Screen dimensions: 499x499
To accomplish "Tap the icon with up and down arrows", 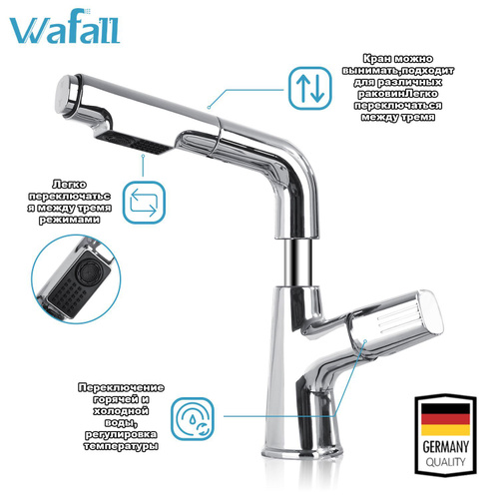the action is tap(310, 89).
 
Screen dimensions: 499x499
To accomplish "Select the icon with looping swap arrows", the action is tap(144, 202).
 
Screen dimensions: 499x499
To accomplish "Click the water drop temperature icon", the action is tap(193, 419).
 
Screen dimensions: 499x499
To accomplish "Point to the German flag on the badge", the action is tap(445, 419).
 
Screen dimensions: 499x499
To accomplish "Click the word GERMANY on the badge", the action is tap(445, 446).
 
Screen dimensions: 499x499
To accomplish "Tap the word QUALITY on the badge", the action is tap(445, 462).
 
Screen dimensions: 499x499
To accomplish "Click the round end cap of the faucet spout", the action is tap(68, 95).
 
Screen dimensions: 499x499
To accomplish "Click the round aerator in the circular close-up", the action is tap(87, 271).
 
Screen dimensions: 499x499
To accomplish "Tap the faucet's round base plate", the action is tap(301, 452).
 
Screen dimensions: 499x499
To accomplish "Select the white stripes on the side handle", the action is tap(396, 316).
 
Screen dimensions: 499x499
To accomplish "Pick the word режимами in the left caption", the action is tap(70, 220).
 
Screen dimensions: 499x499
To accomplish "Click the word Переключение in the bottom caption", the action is tap(121, 388).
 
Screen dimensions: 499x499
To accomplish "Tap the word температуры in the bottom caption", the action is tap(121, 446).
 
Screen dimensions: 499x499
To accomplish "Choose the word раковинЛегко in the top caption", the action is tap(397, 94).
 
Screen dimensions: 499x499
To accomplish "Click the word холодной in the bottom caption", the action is tap(121, 411).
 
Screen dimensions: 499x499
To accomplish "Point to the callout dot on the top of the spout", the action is tap(209, 107).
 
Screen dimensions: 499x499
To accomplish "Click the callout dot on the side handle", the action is tap(365, 340).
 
